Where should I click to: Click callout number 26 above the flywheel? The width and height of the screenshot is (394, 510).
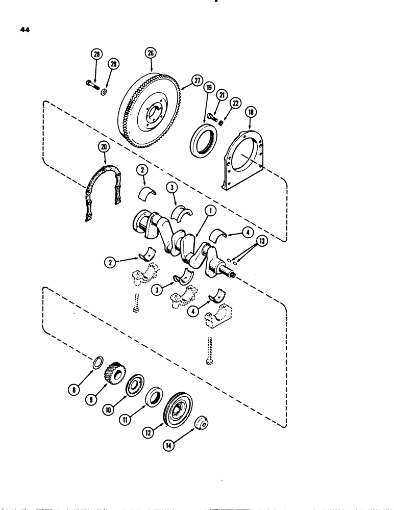pyautogui.click(x=152, y=53)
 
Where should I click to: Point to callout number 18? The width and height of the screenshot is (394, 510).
pyautogui.click(x=250, y=112)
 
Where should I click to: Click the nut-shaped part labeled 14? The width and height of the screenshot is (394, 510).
pyautogui.click(x=202, y=423)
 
